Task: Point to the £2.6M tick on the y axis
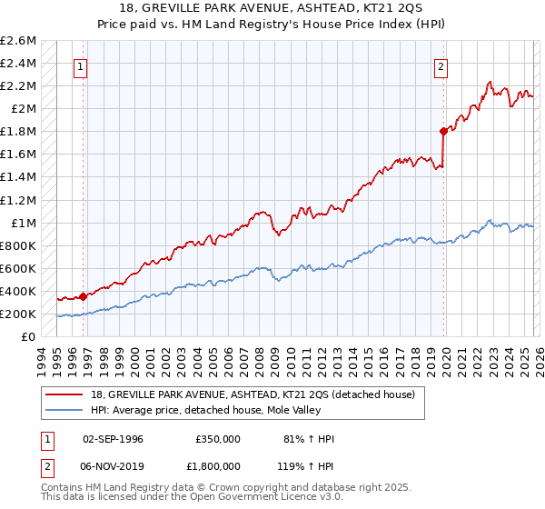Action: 19,41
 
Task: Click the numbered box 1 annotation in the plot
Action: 82,66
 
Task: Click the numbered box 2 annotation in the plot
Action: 441,66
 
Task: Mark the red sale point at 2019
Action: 443,131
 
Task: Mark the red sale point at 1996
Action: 83,295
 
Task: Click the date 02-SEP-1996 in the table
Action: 113,439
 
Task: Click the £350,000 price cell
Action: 218,439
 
